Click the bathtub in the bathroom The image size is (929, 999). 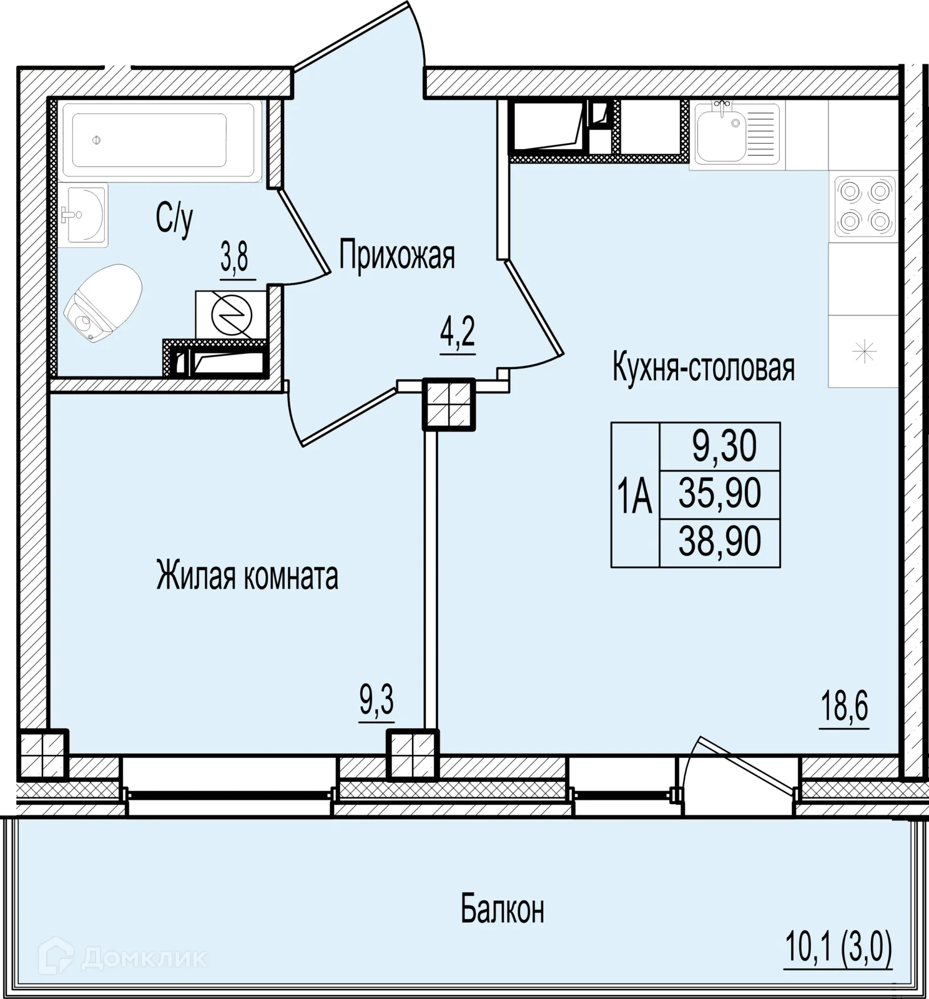[161, 140]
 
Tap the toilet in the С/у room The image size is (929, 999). [102, 303]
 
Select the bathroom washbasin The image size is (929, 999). [84, 215]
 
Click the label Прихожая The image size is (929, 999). [397, 255]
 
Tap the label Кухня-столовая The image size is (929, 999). [704, 367]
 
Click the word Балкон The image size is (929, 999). [503, 909]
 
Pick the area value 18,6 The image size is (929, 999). [845, 706]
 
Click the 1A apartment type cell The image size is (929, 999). [635, 495]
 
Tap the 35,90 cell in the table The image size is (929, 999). [720, 494]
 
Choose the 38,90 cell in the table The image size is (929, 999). [720, 543]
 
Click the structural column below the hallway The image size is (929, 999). [449, 404]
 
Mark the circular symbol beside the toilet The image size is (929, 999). [232, 314]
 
